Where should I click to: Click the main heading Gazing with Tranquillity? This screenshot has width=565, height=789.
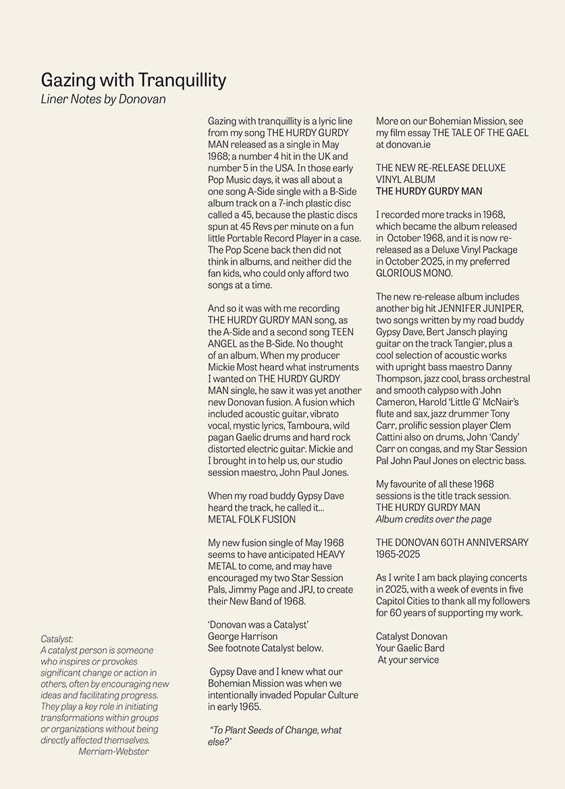pos(133,80)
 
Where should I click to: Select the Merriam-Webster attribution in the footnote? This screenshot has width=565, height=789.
pos(113,751)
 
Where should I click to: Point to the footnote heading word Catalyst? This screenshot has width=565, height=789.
pos(57,638)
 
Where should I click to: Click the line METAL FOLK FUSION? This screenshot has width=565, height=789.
pos(252,519)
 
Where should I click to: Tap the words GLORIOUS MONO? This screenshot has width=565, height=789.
pos(413,273)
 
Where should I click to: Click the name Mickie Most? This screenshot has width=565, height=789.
pos(232,367)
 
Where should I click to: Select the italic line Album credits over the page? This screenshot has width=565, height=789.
pos(433,519)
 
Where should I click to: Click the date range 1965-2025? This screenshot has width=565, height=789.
pos(398,554)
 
